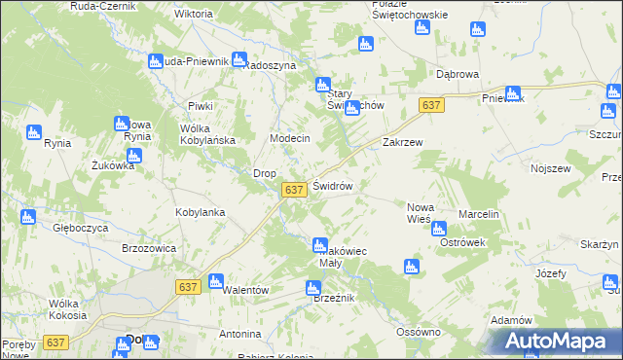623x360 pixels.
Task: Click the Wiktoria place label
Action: click(193, 15)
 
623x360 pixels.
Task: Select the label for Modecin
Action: click(289, 138)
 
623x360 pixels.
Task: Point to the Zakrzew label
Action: click(402, 141)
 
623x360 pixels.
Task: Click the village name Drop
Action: click(265, 173)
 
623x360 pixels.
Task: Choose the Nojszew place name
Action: click(550, 168)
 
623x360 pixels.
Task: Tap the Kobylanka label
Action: click(201, 211)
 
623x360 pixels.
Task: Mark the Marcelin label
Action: click(479, 214)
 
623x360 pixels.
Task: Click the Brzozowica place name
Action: click(149, 248)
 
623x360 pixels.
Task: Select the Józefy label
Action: click(550, 274)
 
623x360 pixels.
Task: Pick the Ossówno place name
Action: click(420, 332)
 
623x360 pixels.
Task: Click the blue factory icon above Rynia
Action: click(33, 132)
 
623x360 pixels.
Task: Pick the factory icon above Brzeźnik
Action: click(312, 287)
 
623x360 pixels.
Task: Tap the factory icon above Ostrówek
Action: click(438, 230)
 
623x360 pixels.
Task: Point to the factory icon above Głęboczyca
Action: click(28, 216)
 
